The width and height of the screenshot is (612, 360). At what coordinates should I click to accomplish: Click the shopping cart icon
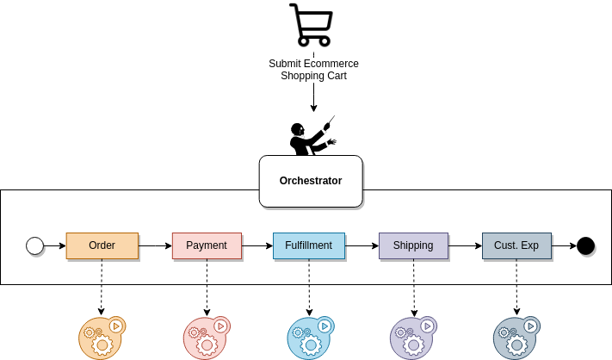311,25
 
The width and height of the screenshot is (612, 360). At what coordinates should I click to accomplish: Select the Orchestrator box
311,181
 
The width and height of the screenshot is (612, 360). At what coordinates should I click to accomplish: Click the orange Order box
102,245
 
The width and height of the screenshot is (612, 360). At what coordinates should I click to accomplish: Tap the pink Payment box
207,245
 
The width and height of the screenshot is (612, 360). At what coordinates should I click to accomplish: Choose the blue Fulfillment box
309,245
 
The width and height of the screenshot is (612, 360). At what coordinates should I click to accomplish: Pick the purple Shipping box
413,245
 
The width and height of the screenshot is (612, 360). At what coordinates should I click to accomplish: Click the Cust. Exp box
516,245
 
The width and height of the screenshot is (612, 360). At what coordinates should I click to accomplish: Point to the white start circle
35,246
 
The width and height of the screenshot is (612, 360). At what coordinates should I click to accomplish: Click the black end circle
586,246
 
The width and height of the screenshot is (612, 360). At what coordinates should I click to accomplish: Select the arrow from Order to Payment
156,246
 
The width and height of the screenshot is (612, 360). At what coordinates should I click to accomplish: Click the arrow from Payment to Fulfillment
258,246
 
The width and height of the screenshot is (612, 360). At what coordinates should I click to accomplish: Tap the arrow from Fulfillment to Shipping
362,246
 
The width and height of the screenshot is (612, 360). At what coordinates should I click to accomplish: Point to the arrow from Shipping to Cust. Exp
465,246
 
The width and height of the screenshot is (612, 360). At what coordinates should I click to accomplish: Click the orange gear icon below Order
102,338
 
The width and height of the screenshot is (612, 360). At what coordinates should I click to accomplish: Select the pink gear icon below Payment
207,338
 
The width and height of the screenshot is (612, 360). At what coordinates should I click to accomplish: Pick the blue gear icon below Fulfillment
309,338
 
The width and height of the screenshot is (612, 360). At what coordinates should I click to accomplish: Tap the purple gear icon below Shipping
413,338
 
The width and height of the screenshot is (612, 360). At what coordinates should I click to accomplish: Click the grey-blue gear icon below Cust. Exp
516,338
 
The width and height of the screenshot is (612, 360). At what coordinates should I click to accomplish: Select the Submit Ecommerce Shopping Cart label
313,70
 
